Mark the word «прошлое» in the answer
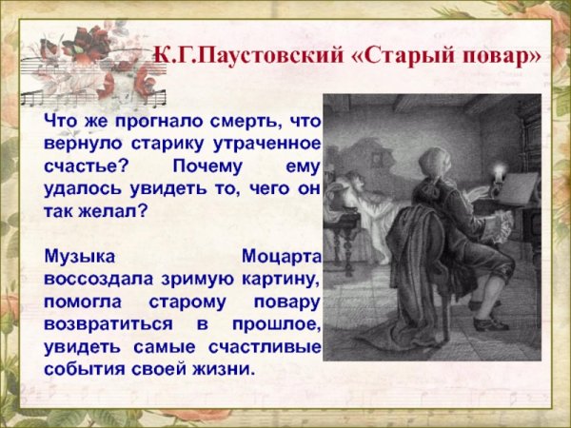point(282,324)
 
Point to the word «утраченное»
point(266,145)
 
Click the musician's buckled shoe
point(491,321)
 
